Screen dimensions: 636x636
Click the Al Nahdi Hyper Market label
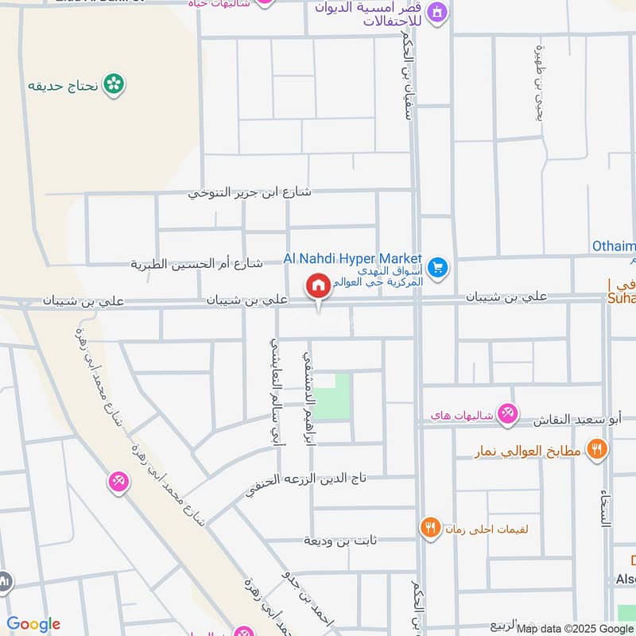point(353,258)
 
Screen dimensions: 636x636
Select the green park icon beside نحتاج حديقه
point(115,83)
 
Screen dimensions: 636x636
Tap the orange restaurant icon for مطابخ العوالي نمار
point(596,450)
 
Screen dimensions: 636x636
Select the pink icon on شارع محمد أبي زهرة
point(118,481)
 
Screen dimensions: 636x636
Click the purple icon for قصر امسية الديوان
point(436,12)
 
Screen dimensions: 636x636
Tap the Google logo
point(33,624)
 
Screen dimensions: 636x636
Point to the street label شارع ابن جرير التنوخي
point(250,192)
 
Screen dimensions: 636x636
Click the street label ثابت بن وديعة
point(338,541)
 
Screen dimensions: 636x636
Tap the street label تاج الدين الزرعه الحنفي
point(305,479)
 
